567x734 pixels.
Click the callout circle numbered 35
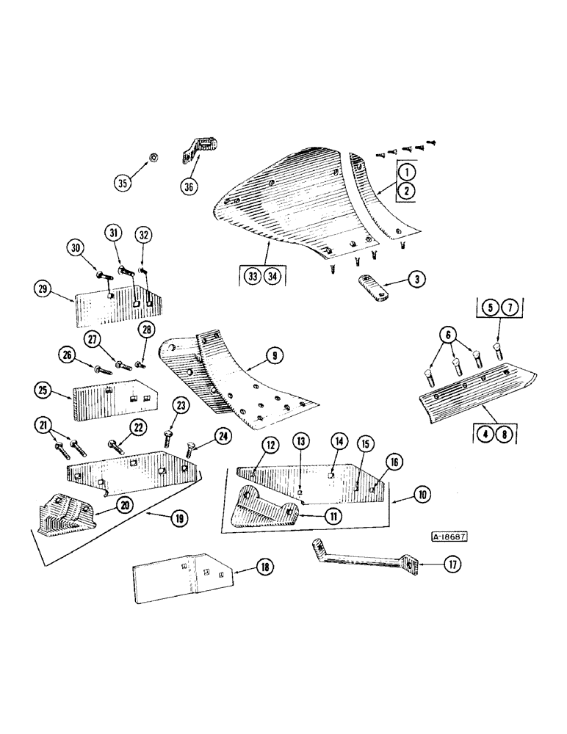[123, 181]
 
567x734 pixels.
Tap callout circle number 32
[143, 235]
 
